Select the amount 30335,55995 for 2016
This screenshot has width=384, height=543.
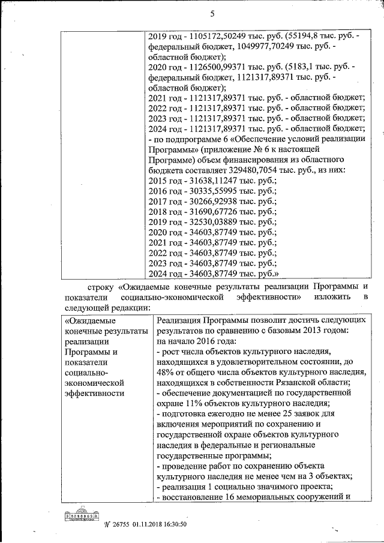[x=212, y=191]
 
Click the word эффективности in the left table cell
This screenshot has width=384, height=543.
[x=93, y=393]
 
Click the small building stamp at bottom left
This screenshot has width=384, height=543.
[x=82, y=516]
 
